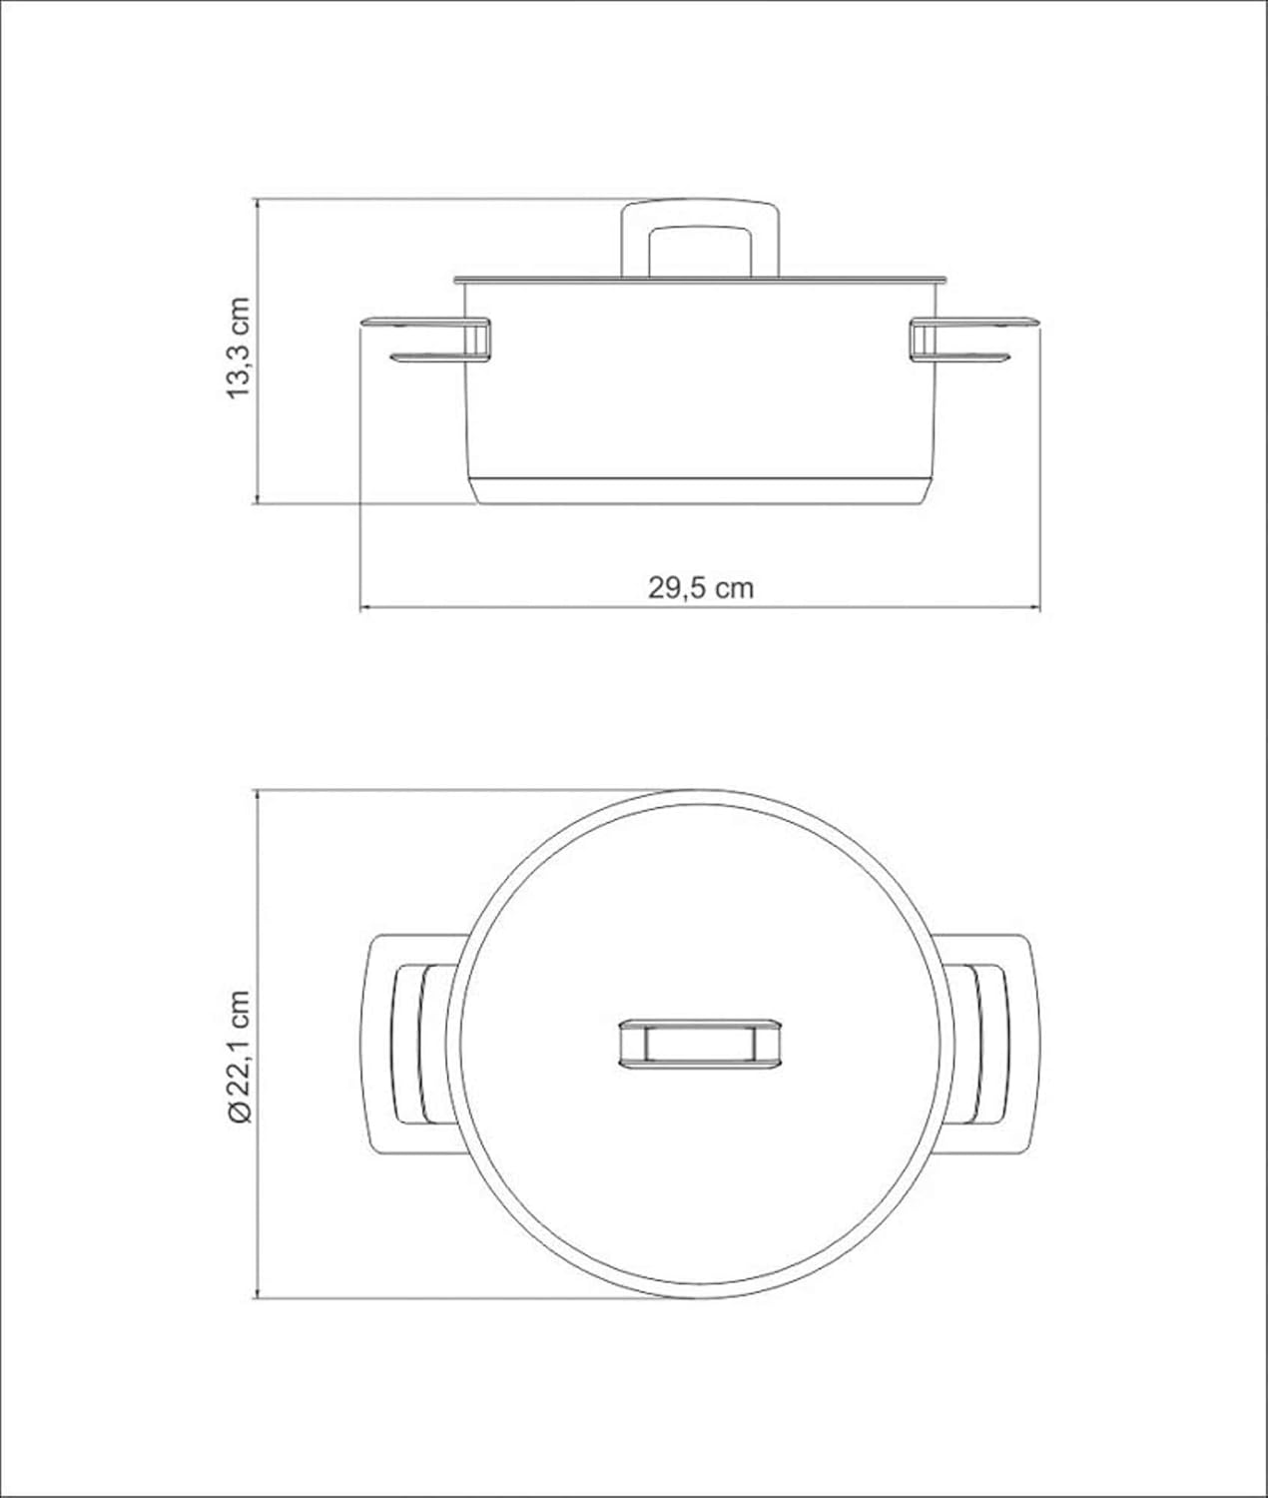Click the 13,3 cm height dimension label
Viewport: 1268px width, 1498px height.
tap(239, 348)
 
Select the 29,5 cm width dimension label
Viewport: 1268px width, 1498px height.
tap(701, 588)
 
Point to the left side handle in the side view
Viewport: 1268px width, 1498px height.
tap(426, 340)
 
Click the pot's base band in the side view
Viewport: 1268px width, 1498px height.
tap(700, 491)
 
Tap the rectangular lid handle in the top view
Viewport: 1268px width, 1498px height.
tap(701, 1044)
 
